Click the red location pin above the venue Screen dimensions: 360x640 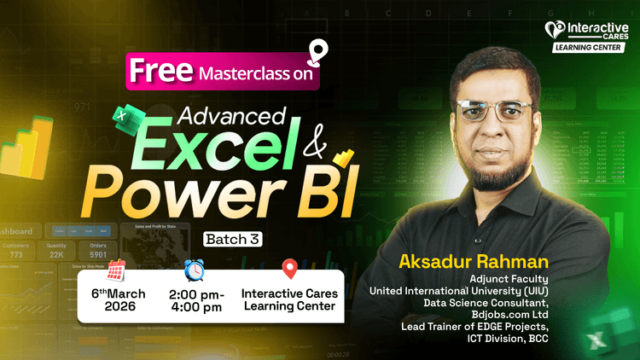[290, 270]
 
